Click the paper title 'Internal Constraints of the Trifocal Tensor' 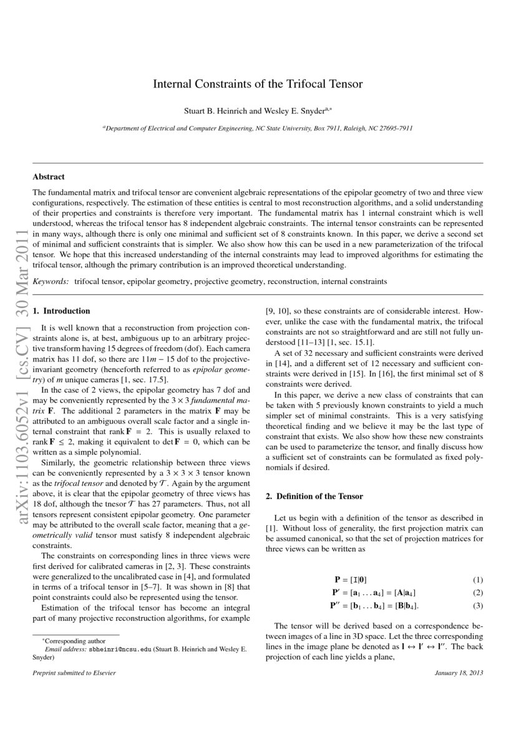258,83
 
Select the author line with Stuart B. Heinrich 258,111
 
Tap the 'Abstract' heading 49,177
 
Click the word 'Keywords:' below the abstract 51,282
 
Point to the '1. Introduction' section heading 61,311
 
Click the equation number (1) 478,580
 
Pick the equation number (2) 478,593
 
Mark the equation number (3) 478,606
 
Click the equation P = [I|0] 356,580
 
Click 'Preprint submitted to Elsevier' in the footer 74,673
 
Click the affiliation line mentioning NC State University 258,128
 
